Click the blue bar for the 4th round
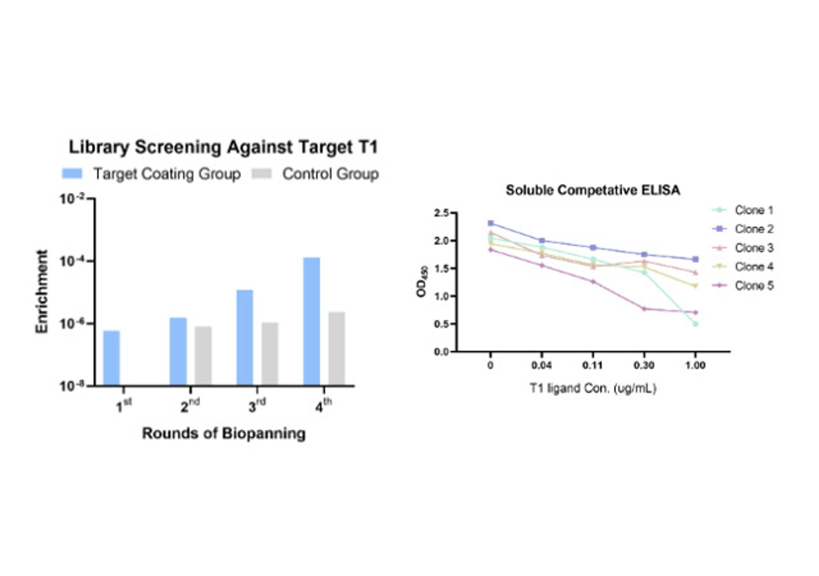[x=311, y=321]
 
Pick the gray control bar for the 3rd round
[x=270, y=354]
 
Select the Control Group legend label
[x=330, y=174]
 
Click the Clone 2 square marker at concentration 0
[x=491, y=223]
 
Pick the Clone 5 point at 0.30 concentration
[x=644, y=309]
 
